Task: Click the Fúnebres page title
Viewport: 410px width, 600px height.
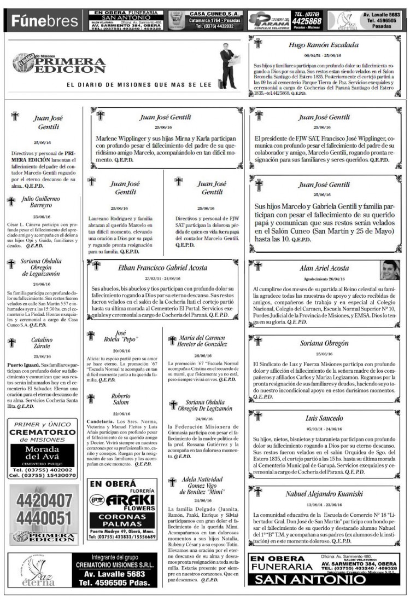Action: [x=45, y=21]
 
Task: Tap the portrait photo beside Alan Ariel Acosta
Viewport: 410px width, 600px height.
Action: [x=389, y=270]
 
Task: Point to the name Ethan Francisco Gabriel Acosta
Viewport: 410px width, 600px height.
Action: [x=163, y=268]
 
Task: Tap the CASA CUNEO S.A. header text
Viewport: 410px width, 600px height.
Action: [x=214, y=13]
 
